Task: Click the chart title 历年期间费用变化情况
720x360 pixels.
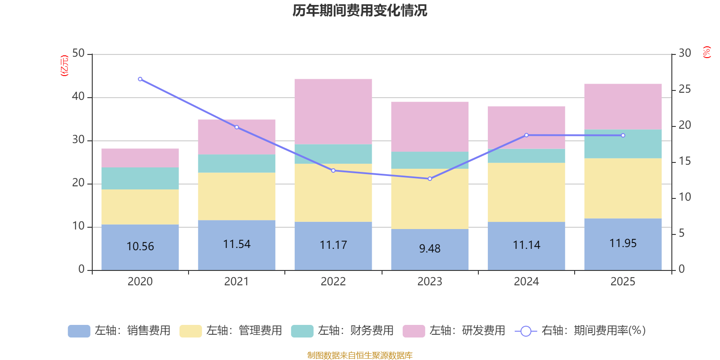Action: [360, 10]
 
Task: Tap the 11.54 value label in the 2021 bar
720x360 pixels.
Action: [237, 244]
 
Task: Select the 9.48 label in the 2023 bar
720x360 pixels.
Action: [430, 248]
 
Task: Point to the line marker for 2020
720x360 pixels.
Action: [140, 79]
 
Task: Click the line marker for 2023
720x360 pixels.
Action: [430, 179]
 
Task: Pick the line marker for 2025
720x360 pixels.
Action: [623, 135]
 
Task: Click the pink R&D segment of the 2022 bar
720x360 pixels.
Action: [333, 112]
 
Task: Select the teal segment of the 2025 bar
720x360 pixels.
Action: [623, 144]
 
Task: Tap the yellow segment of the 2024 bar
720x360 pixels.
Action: [526, 192]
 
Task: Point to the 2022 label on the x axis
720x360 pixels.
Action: [333, 282]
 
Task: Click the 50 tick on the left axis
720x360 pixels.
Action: [78, 54]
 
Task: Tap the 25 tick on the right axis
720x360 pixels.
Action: [684, 90]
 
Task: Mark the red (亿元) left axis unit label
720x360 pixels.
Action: [64, 66]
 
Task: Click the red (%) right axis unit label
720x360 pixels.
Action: [706, 52]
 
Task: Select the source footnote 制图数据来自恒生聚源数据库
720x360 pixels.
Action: [360, 355]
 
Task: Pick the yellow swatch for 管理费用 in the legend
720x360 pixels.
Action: [190, 331]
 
